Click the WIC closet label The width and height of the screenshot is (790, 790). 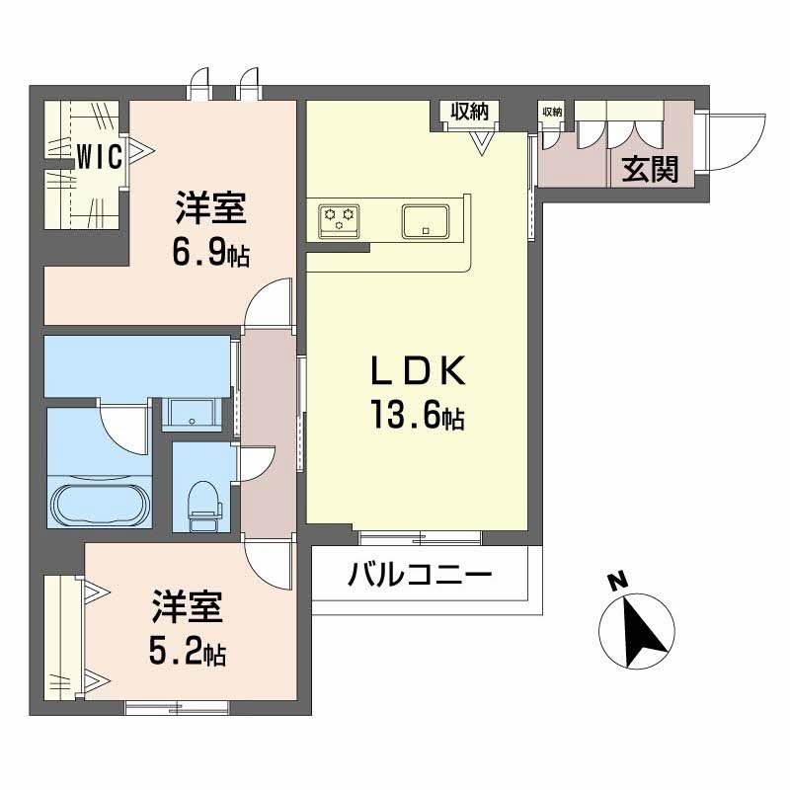click(x=100, y=157)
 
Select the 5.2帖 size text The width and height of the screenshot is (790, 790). click(x=188, y=651)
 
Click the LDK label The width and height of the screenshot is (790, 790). click(x=416, y=372)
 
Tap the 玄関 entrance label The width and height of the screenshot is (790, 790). click(x=650, y=170)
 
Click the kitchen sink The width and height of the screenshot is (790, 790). click(x=426, y=219)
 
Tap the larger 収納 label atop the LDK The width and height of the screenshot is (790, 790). click(x=470, y=112)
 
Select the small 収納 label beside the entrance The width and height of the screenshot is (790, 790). click(x=551, y=112)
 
